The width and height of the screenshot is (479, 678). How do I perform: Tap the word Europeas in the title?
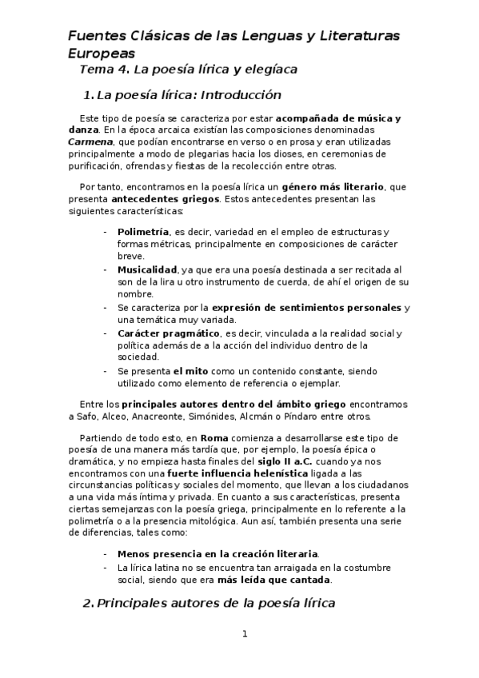101,53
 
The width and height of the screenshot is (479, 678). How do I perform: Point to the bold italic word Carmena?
89,141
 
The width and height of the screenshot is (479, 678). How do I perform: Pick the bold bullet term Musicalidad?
147,269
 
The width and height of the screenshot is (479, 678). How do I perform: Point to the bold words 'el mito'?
190,371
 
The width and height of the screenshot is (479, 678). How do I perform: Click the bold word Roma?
214,439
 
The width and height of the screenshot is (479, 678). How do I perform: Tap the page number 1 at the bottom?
245,634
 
